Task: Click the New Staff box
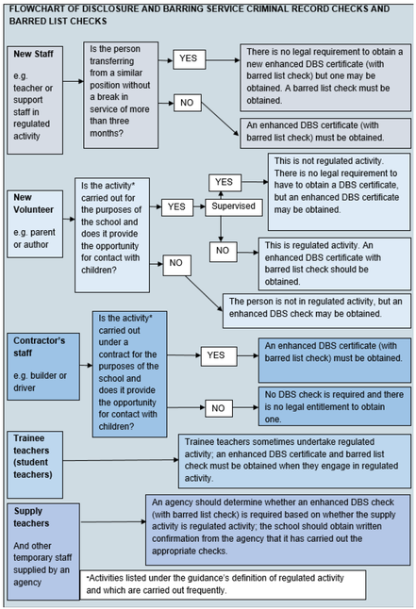[x=35, y=100]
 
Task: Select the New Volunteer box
[x=35, y=223]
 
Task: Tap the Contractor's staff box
[x=43, y=367]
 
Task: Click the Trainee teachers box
[x=35, y=464]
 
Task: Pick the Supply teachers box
[x=43, y=551]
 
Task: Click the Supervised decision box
[x=234, y=207]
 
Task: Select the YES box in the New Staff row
[x=189, y=59]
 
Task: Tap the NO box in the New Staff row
[x=188, y=103]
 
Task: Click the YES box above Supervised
[x=225, y=183]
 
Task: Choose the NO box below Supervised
[x=224, y=252]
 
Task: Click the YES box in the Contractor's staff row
[x=219, y=356]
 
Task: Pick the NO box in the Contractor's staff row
[x=219, y=408]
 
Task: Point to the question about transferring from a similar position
[x=121, y=95]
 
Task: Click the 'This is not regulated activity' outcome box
[x=339, y=191]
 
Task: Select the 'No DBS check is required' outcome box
[x=335, y=406]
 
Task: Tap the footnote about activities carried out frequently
[x=223, y=584]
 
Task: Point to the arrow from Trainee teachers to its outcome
[x=121, y=460]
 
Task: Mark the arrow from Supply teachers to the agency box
[x=113, y=521]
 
